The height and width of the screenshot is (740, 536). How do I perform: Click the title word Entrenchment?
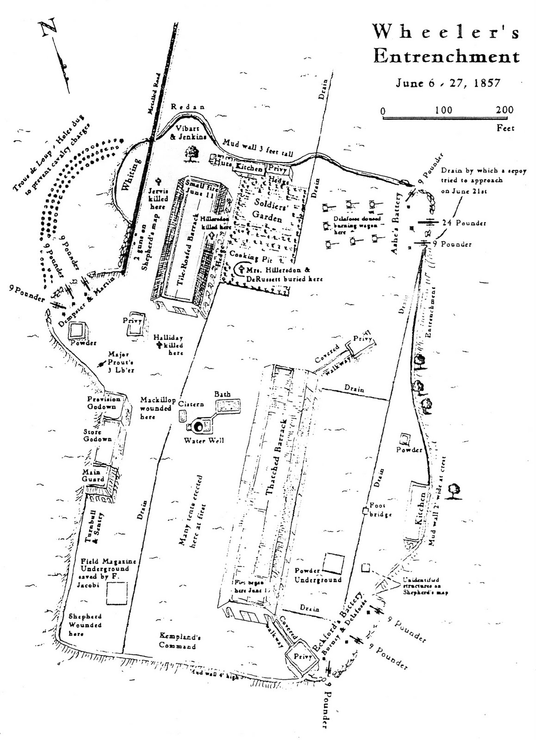click(446, 57)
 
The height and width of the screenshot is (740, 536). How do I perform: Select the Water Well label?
click(204, 440)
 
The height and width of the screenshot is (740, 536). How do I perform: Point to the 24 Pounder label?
click(464, 223)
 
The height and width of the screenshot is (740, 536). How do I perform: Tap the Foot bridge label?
click(380, 510)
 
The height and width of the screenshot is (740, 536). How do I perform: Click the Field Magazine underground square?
click(116, 593)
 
